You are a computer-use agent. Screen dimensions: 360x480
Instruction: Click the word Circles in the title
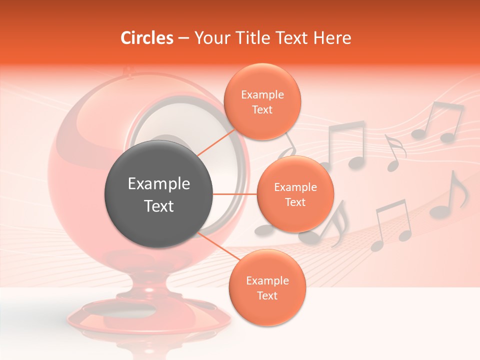(147, 38)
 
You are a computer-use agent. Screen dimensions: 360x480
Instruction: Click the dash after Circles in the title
(183, 38)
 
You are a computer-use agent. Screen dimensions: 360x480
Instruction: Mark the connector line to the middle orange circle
(235, 194)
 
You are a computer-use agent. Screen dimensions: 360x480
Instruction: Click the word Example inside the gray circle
(158, 184)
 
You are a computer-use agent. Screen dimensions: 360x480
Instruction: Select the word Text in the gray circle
(158, 206)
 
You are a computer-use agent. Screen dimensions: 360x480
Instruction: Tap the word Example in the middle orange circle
(295, 187)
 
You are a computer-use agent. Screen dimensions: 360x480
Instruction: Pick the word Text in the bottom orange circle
(267, 295)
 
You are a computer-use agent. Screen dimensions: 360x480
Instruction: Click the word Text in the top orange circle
(262, 109)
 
